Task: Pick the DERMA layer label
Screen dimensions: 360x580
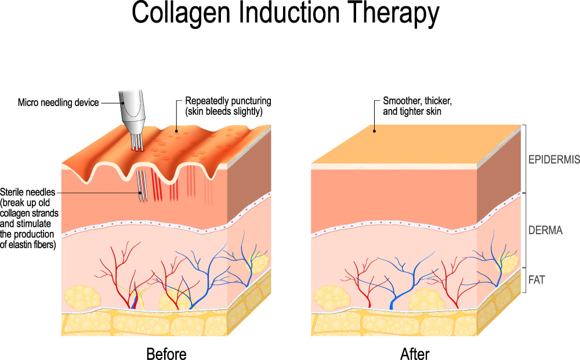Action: (x=545, y=230)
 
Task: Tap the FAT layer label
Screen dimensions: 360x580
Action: (x=536, y=279)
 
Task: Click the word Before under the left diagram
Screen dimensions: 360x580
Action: (x=166, y=352)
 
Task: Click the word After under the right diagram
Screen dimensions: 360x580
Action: (x=415, y=352)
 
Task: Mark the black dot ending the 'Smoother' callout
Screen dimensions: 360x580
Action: (x=374, y=131)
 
